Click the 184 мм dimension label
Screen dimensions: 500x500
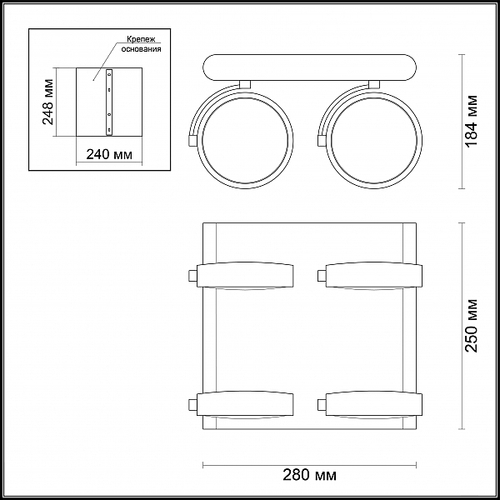pos(472,121)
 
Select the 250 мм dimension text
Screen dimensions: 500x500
pos(472,326)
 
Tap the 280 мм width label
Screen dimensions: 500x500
pos(309,475)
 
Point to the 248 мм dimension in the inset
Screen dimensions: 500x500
pos(48,102)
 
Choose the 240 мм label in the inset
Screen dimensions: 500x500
pos(109,154)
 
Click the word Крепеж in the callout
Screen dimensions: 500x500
pos(141,39)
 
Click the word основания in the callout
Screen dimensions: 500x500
pos(141,49)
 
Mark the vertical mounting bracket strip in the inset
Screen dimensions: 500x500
pos(109,102)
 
